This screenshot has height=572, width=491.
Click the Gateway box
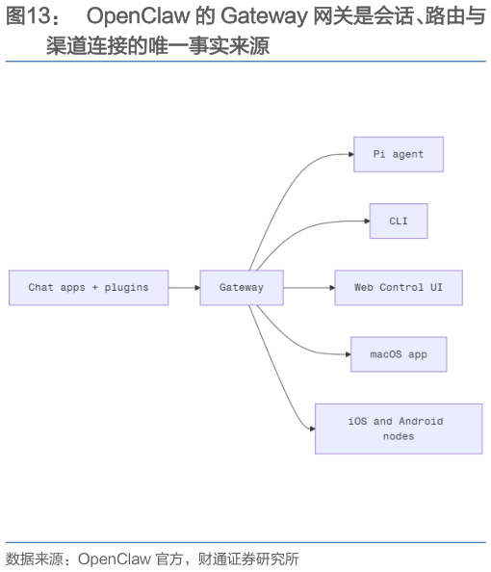(x=241, y=288)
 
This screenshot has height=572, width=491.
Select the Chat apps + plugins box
(x=89, y=288)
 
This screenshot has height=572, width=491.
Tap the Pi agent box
(x=398, y=154)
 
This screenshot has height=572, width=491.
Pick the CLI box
(x=398, y=221)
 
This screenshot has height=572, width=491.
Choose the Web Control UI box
(x=398, y=288)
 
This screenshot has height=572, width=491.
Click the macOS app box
(x=398, y=354)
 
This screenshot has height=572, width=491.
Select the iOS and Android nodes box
(x=398, y=429)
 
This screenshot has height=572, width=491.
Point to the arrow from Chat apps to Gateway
(x=184, y=288)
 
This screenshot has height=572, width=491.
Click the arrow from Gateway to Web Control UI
(x=308, y=288)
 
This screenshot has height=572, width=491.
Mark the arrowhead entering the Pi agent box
(x=349, y=154)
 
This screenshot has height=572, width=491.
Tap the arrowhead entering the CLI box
(x=366, y=221)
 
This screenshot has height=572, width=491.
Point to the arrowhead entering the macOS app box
(x=347, y=354)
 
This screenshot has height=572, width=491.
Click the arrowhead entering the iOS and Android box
(x=311, y=429)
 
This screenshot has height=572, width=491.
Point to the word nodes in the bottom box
(x=398, y=436)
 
